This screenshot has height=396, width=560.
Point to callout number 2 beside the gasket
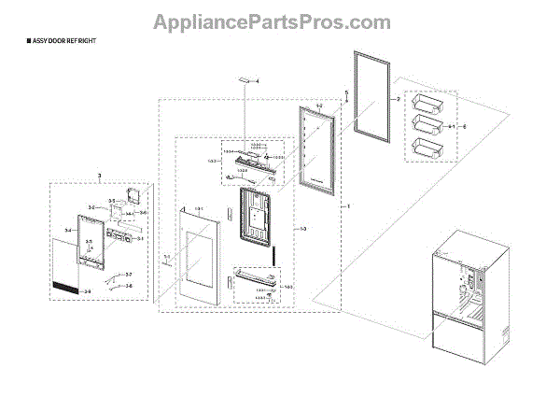point(398,98)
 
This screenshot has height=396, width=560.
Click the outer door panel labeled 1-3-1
point(202,255)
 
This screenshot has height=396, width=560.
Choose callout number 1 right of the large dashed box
point(347,205)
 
